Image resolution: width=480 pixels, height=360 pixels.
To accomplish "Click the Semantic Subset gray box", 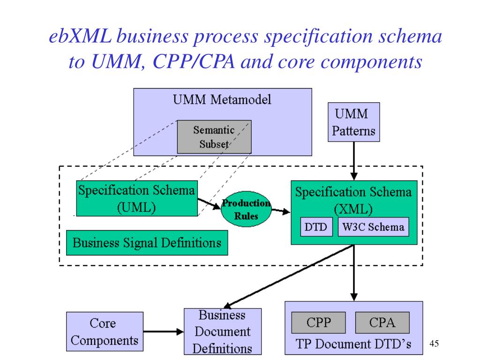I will click(214, 137).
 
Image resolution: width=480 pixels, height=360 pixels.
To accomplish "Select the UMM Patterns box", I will click(353, 122).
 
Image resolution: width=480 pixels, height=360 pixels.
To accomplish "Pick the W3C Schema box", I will click(373, 227).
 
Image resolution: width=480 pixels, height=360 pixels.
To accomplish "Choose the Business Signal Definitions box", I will click(147, 243).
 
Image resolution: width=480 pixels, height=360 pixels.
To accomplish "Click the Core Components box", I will click(105, 332).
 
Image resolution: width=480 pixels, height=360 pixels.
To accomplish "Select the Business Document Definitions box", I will click(223, 331).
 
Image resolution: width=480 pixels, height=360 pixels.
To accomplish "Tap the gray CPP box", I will click(319, 323).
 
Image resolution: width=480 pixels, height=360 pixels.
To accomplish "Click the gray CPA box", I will click(382, 323).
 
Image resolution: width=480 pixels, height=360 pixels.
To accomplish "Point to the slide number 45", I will click(434, 345).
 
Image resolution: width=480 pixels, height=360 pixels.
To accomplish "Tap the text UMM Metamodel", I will click(223, 100).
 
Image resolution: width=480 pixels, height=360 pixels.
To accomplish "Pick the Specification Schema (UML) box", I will click(136, 199).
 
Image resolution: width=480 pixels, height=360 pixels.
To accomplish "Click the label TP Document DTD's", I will click(353, 344).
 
